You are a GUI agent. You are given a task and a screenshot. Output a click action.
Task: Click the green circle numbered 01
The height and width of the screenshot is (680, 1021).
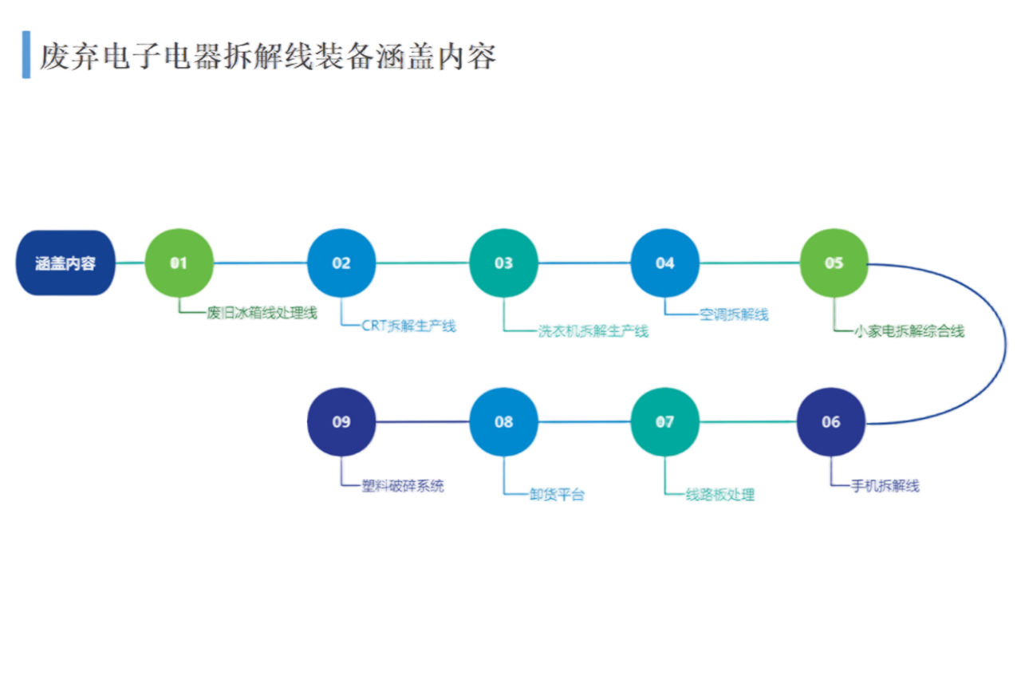(179, 263)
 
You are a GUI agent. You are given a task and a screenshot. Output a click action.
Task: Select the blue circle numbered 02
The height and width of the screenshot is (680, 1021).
(341, 263)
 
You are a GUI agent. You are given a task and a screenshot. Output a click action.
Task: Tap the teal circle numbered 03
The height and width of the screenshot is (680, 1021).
(503, 263)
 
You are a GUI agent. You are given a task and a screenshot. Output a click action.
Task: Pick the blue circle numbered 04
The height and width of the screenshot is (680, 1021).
(665, 263)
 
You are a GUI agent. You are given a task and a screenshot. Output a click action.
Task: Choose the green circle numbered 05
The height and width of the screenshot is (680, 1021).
(834, 263)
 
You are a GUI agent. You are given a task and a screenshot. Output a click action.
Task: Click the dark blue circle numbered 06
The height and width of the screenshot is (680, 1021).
(830, 421)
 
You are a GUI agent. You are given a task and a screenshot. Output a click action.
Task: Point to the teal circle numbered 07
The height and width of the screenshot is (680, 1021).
(665, 421)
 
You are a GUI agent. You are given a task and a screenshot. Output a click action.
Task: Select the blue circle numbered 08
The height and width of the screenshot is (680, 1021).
(503, 421)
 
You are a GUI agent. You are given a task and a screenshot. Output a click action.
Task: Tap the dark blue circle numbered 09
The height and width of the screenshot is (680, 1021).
(341, 421)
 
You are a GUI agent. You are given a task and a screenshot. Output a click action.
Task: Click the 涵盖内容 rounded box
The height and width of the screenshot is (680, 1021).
(65, 263)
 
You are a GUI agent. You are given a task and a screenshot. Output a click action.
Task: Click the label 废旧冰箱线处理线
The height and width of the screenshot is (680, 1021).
(262, 313)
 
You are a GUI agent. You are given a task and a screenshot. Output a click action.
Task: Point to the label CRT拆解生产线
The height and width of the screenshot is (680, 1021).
(410, 326)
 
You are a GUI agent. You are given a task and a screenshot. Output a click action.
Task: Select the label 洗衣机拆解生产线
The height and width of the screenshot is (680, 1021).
(592, 330)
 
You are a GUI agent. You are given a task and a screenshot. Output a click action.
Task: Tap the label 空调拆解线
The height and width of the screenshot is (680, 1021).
(733, 314)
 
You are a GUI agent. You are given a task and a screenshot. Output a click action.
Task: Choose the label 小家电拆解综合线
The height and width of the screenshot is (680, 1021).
(909, 330)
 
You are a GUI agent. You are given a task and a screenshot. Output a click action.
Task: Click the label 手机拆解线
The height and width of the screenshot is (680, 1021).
(885, 486)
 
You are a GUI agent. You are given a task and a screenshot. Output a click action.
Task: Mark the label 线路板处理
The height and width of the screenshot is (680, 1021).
(720, 495)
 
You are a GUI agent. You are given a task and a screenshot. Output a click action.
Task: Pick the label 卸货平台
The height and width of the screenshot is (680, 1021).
(556, 495)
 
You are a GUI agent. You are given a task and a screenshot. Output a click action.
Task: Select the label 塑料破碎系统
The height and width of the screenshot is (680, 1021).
(403, 486)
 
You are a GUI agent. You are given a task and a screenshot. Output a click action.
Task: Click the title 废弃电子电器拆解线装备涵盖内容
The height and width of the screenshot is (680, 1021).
(268, 56)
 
